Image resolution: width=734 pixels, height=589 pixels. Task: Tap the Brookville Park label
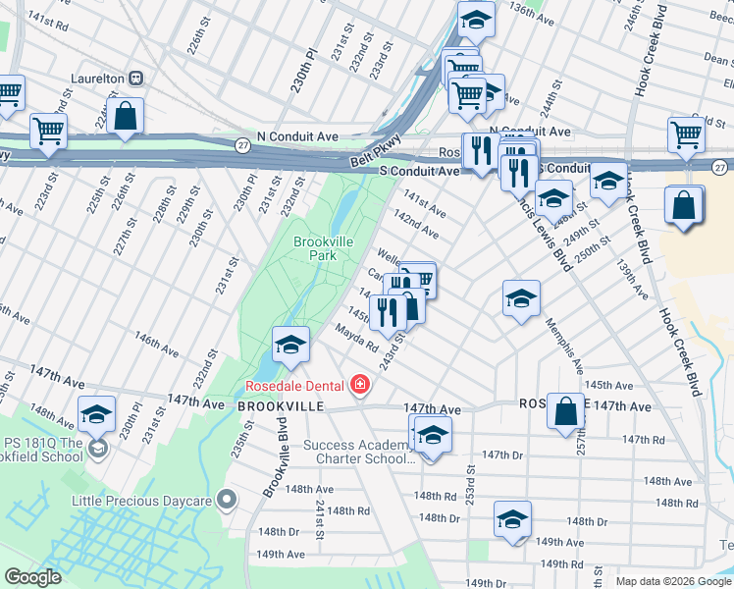(316, 248)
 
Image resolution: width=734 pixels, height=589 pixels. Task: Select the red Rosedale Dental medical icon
(360, 383)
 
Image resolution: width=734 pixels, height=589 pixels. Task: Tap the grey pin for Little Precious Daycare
(227, 501)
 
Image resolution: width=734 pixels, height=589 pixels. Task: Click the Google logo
(33, 577)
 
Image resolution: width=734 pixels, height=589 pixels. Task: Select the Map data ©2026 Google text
(672, 581)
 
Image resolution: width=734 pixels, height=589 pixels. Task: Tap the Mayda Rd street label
(356, 339)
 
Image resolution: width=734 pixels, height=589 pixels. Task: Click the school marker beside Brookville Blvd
(290, 345)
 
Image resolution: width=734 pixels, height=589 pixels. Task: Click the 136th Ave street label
(533, 14)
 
